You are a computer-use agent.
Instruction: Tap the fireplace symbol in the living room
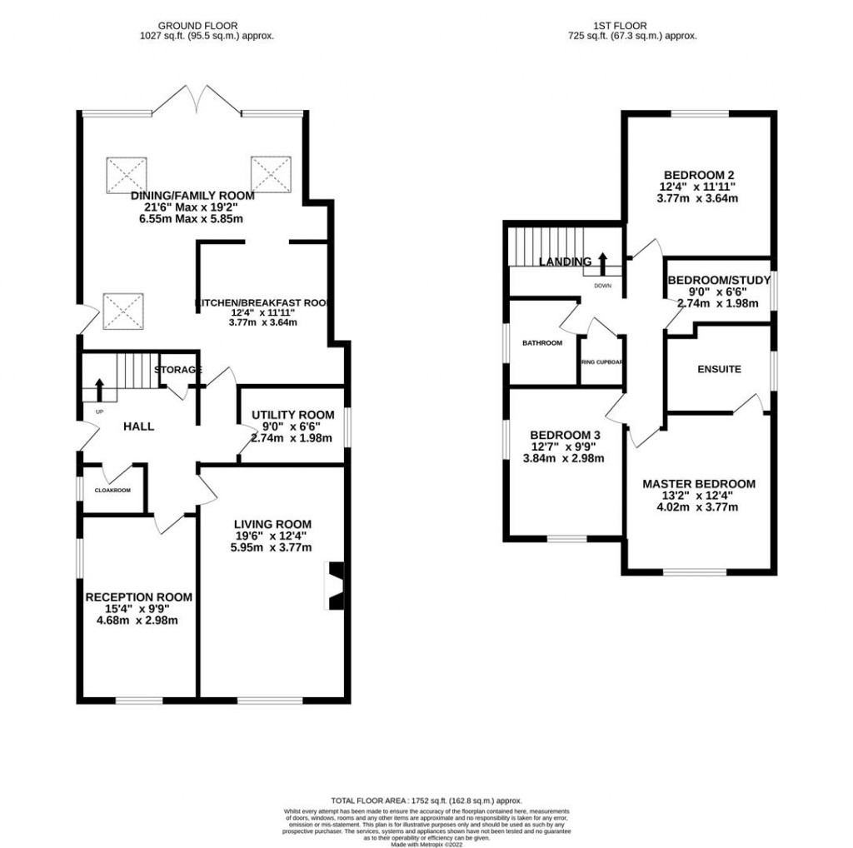[335, 586]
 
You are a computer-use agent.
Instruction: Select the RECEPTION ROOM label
[138, 596]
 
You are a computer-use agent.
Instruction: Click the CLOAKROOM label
[112, 490]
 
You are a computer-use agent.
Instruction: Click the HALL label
[138, 426]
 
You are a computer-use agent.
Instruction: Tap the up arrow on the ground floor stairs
[99, 389]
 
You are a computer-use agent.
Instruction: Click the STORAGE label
[177, 370]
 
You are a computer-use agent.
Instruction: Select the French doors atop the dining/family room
[197, 100]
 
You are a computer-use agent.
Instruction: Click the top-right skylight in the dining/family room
[271, 172]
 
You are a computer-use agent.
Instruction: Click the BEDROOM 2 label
[698, 176]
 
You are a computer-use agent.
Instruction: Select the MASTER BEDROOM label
[698, 483]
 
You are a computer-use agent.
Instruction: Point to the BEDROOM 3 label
[565, 435]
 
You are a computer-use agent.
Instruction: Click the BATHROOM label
[542, 342]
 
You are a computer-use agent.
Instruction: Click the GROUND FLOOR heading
[207, 26]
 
